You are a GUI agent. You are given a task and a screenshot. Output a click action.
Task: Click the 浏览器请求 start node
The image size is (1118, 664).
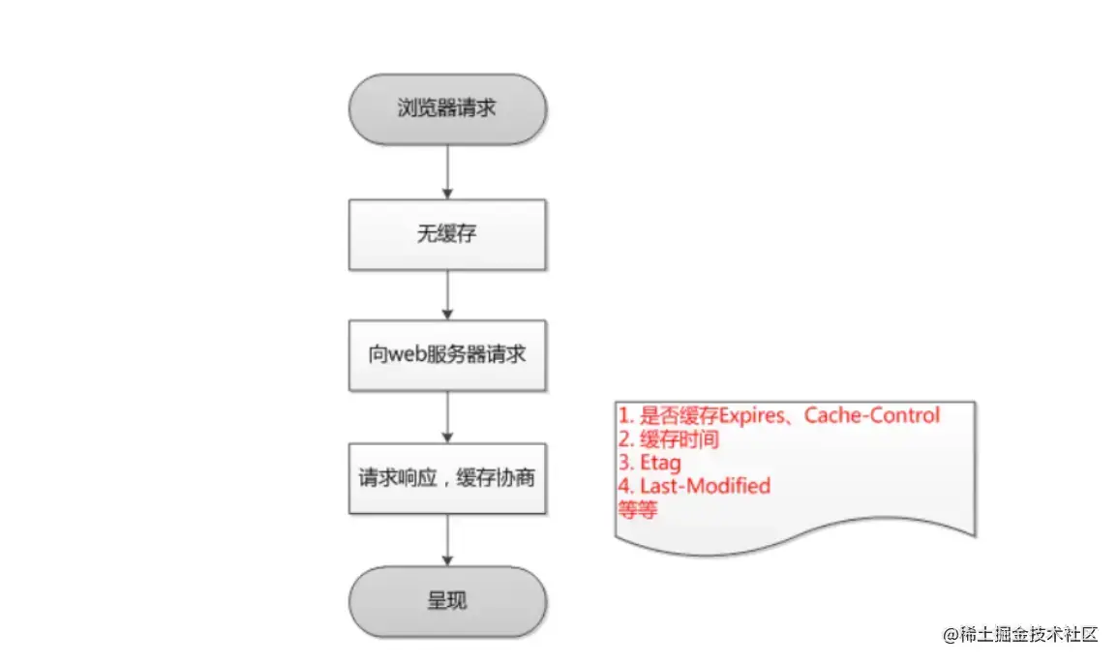click(447, 108)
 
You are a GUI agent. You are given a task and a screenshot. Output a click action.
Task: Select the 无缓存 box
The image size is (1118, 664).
click(447, 234)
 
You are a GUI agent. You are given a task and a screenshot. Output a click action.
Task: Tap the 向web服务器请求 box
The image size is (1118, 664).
click(447, 354)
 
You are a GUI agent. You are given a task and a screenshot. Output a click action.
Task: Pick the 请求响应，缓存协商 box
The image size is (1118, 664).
click(447, 478)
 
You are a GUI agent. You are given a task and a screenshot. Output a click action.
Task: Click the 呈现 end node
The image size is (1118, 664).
click(447, 600)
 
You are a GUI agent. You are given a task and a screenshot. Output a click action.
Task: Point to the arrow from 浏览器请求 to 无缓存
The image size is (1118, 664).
click(447, 172)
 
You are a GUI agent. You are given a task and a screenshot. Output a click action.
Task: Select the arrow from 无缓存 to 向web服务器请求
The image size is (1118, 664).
click(447, 296)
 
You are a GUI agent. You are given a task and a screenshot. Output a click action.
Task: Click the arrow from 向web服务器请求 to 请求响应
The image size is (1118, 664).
click(447, 416)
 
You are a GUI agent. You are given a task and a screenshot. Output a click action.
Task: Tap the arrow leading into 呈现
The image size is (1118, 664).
click(447, 540)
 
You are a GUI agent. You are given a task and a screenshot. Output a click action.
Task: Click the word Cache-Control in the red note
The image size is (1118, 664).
click(872, 416)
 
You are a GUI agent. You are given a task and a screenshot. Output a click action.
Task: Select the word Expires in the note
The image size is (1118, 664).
click(750, 416)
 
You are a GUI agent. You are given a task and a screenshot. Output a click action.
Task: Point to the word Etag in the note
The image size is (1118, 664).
click(660, 463)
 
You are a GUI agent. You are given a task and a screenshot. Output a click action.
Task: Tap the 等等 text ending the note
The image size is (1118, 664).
click(637, 509)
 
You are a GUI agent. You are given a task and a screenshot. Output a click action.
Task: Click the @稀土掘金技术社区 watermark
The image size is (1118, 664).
click(1020, 635)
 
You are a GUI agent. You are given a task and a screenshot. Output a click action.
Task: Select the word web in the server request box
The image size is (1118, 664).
click(408, 354)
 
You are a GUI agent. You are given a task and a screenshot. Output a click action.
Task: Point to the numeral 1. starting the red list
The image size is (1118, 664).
click(626, 416)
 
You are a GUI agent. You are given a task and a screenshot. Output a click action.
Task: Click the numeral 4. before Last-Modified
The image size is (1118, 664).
click(626, 486)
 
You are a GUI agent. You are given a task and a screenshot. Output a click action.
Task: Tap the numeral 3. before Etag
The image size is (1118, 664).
click(626, 463)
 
